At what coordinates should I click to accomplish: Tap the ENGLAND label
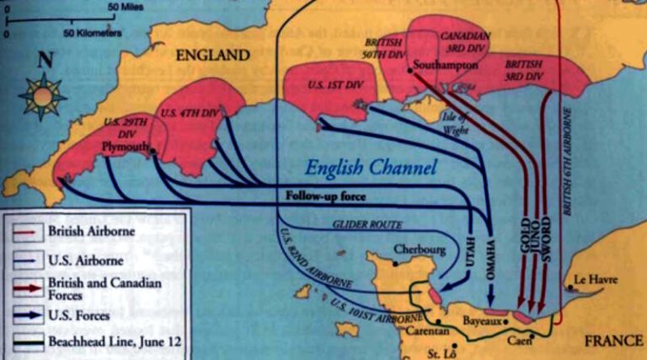(212, 56)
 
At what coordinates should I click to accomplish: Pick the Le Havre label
(591, 278)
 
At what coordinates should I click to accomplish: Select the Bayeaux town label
(483, 320)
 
